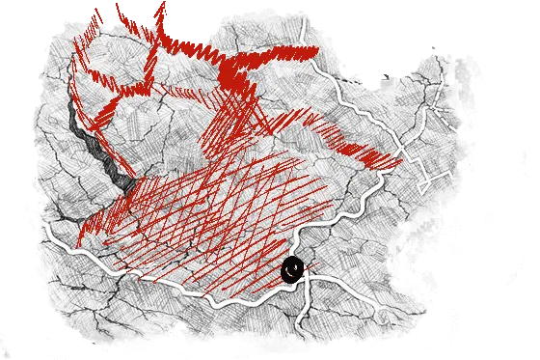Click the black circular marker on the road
coord(292,270)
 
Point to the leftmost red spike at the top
coord(96,15)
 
